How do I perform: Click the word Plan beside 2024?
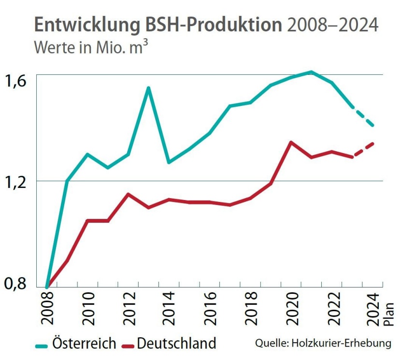coord(389,315)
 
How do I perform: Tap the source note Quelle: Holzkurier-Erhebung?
coord(323,344)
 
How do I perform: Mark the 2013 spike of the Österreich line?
coord(148,88)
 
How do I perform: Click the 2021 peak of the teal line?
coord(312,72)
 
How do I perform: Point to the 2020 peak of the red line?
coord(291,142)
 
